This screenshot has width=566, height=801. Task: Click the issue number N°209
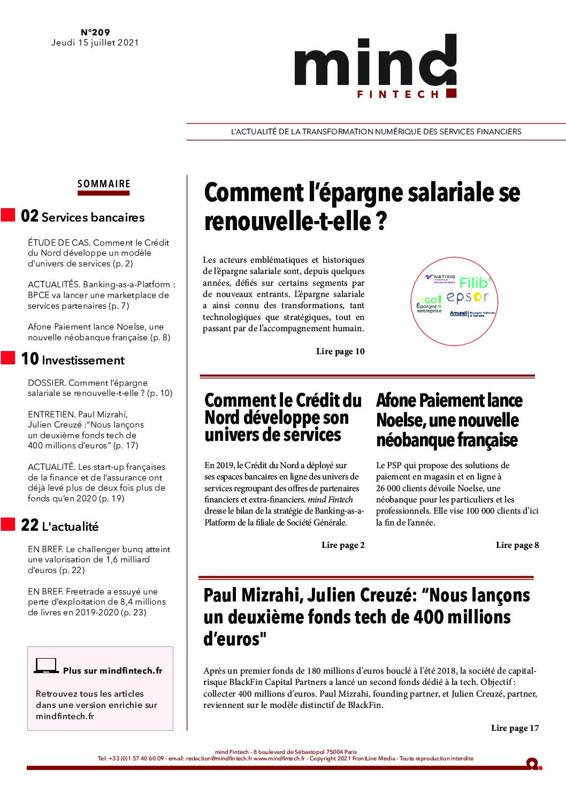click(95, 33)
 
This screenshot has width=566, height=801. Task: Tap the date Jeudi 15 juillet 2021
click(95, 43)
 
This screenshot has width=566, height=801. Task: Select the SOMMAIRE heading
click(104, 184)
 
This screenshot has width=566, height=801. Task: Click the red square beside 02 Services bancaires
click(8, 216)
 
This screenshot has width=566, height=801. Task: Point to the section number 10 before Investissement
click(29, 360)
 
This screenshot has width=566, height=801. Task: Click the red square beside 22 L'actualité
click(8, 524)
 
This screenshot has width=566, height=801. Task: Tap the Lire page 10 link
click(340, 352)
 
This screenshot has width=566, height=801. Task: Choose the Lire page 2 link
click(343, 545)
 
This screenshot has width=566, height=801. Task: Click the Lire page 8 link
click(517, 545)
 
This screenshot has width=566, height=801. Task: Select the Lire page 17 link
click(515, 728)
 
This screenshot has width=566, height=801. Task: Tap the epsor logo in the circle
click(468, 297)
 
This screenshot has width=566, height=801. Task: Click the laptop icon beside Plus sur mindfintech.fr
click(46, 666)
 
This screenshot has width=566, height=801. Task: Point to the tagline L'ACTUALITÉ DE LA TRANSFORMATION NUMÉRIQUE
click(376, 132)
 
